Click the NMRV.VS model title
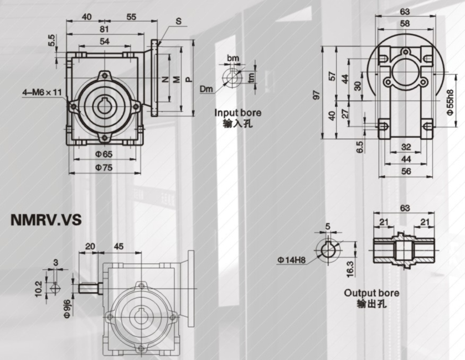pyautogui.click(x=46, y=220)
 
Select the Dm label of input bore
pyautogui.click(x=206, y=88)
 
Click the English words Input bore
pyautogui.click(x=238, y=113)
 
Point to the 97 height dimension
pyautogui.click(x=316, y=95)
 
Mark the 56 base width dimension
pyautogui.click(x=406, y=171)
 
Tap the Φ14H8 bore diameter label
pyautogui.click(x=292, y=258)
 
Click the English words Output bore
pyautogui.click(x=371, y=293)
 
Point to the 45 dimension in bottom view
pyautogui.click(x=118, y=246)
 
